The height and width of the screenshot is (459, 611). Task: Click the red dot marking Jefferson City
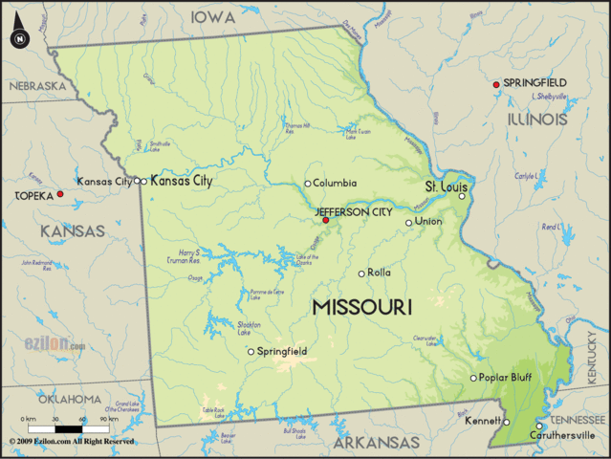point(326,220)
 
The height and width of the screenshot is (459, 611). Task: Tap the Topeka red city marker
point(60,194)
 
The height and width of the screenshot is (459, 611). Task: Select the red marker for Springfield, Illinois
point(496,85)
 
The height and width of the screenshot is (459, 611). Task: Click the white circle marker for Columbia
point(307,184)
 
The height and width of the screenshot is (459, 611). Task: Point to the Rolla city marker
point(361,273)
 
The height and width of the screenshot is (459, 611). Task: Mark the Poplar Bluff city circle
point(473,378)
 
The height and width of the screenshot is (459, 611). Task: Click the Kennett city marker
point(506,422)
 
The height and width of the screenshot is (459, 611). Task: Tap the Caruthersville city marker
point(539,426)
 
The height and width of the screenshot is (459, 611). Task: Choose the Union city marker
point(409,223)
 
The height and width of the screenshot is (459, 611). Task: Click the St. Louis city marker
point(462,196)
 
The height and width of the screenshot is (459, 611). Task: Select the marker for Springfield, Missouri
point(251,352)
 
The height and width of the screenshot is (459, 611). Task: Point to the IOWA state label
point(215,17)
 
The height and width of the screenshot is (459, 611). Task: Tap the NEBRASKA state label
point(37,86)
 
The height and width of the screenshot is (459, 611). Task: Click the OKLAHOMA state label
point(70,399)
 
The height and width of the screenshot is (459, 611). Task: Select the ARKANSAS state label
point(376,444)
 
